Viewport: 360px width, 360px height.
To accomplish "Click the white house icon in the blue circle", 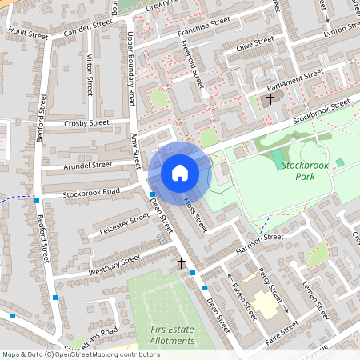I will (x=179, y=172).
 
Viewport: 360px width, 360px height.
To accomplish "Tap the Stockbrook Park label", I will (x=305, y=170).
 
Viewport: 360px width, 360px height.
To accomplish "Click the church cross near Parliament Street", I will (x=270, y=99).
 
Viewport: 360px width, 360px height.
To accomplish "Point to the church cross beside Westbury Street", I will (x=182, y=262).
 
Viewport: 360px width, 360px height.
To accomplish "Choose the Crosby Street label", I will (x=86, y=123).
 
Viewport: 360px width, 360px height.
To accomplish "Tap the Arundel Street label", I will (x=87, y=165).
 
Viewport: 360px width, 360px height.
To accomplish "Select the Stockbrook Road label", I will (x=91, y=192).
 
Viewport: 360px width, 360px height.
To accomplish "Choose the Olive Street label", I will (x=254, y=43).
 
